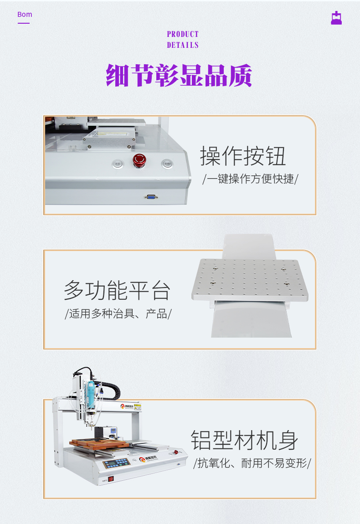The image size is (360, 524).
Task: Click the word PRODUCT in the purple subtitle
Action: pyautogui.click(x=183, y=34)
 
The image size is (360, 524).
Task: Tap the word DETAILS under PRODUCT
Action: pyautogui.click(x=183, y=45)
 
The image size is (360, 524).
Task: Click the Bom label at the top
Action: pyautogui.click(x=25, y=15)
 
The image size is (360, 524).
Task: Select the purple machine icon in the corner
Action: pyautogui.click(x=336, y=18)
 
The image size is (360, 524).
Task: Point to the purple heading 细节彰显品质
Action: pyautogui.click(x=179, y=75)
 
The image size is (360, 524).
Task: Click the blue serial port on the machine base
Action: pyautogui.click(x=151, y=197)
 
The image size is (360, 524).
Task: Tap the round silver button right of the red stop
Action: pyautogui.click(x=167, y=163)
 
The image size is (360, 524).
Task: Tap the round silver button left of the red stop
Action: pyautogui.click(x=118, y=163)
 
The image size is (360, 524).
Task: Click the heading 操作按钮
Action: pyautogui.click(x=243, y=156)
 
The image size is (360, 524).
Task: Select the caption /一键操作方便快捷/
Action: pyautogui.click(x=250, y=179)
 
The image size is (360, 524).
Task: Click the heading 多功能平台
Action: pyautogui.click(x=117, y=290)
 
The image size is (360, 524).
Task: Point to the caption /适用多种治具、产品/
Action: pyautogui.click(x=118, y=313)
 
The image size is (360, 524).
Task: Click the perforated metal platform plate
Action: pyautogui.click(x=250, y=279)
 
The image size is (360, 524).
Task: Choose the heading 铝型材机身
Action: pyautogui.click(x=244, y=440)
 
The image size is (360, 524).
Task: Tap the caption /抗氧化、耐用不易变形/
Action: pyautogui.click(x=252, y=463)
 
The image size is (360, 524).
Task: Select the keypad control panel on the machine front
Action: pyautogui.click(x=116, y=463)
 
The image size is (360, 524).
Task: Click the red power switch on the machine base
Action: pyautogui.click(x=110, y=479)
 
